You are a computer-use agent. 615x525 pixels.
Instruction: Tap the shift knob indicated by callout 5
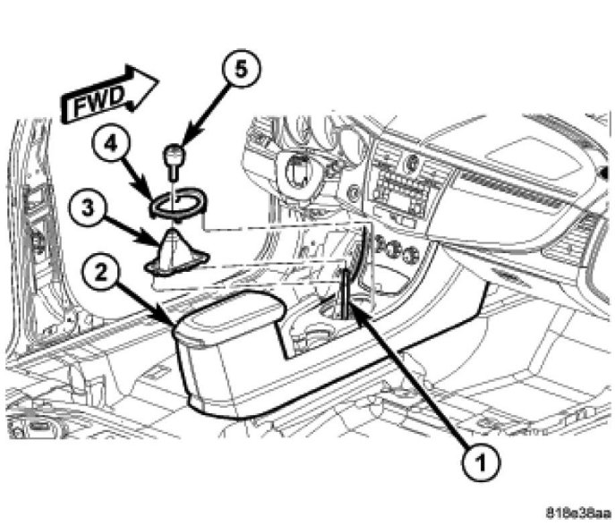(x=174, y=159)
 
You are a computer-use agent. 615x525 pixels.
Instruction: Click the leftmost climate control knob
(x=374, y=242)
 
